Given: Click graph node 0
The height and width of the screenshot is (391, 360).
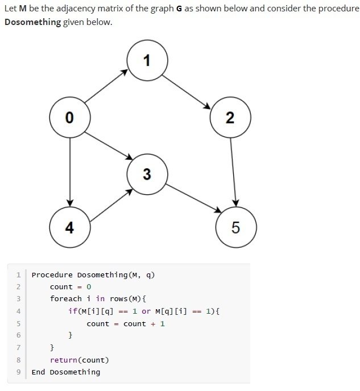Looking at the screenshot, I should [x=69, y=118].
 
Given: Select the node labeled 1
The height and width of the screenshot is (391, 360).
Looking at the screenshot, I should [x=147, y=60].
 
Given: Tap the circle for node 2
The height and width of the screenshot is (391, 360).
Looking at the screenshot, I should [x=230, y=118].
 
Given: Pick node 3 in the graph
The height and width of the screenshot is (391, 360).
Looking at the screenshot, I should [x=147, y=174].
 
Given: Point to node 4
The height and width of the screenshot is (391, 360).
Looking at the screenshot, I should [x=69, y=228].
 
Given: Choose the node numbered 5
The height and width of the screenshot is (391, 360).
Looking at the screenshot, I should [x=236, y=228].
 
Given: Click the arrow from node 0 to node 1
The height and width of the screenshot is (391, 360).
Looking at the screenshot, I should [x=107, y=87].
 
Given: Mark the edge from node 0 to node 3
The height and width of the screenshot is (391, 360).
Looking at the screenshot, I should [x=108, y=145].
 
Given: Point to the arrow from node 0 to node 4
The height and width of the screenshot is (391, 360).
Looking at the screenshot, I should [x=69, y=173].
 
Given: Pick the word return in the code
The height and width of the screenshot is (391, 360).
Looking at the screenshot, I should [x=63, y=360].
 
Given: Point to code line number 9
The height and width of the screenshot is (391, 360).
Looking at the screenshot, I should [x=18, y=372].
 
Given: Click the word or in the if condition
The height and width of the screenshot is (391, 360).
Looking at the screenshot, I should [x=146, y=311].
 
